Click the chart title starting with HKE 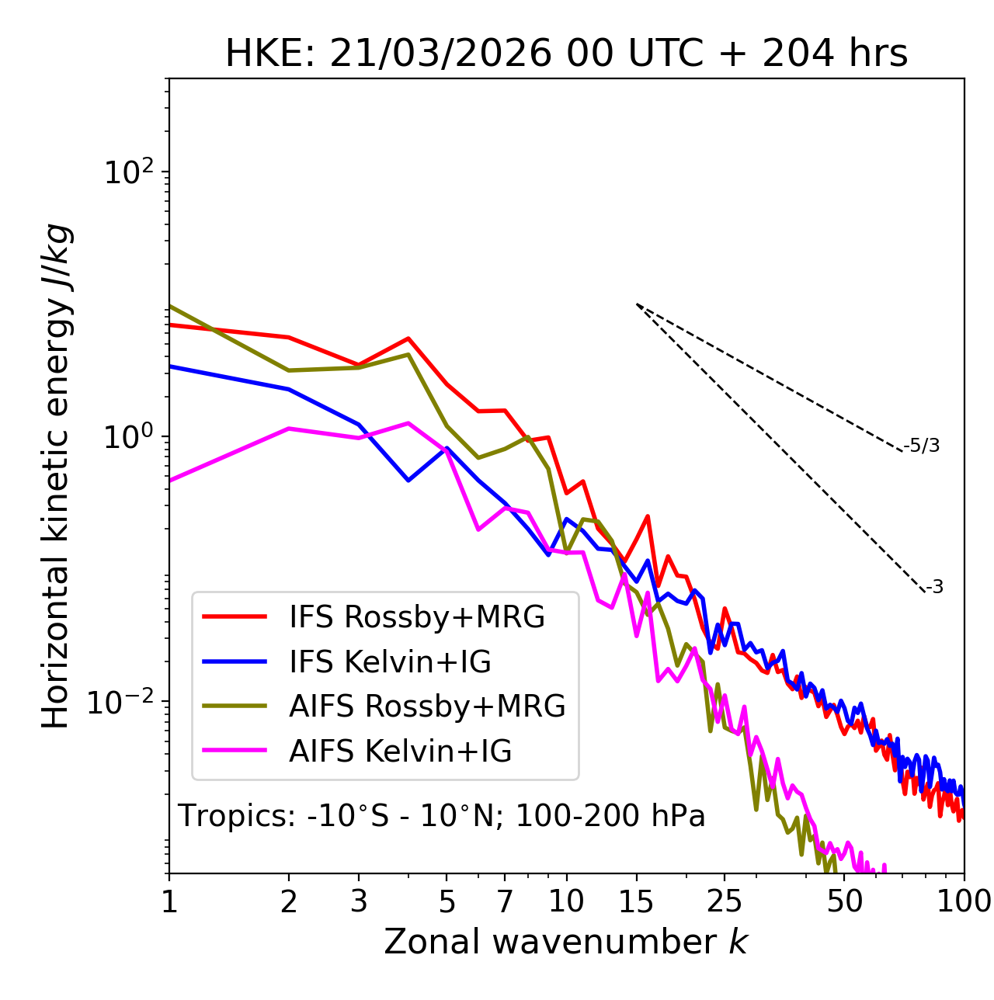point(566,54)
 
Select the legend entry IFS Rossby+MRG point(417,617)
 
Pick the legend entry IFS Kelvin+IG point(390,662)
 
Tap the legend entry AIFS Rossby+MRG point(427,707)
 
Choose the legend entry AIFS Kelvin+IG point(401,752)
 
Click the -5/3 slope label point(922,446)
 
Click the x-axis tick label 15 point(637,901)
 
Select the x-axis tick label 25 point(725,901)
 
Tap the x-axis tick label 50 point(844,901)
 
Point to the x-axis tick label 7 point(505,901)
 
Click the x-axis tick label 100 point(964,901)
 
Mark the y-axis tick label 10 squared point(127,172)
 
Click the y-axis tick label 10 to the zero point(127,437)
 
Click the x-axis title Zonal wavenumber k point(566,942)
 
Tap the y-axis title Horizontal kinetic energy point(56,477)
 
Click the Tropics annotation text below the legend point(442,817)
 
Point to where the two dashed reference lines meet point(637,304)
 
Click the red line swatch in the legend point(235,617)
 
